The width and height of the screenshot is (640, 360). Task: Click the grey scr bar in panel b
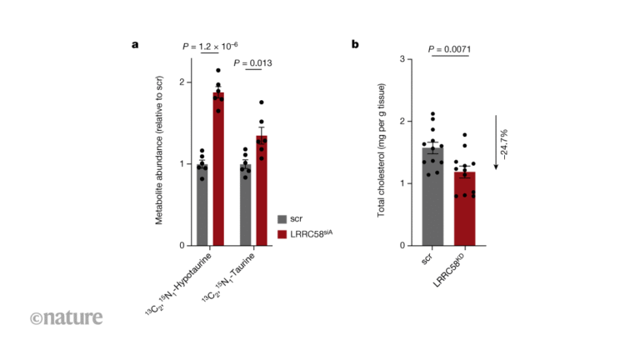click(432, 197)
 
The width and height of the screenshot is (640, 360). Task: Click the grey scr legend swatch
click(282, 217)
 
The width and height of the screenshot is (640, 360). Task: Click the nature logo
click(67, 317)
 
